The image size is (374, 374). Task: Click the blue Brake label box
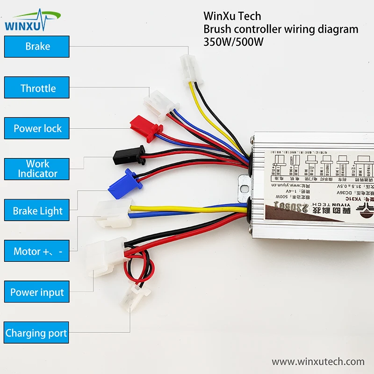37,47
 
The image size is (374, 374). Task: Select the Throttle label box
37,88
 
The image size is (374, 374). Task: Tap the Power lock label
37,128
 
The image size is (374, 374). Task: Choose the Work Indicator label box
37,169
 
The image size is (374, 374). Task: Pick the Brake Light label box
37,211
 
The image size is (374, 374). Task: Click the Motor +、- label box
37,252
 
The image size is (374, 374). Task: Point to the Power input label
37,293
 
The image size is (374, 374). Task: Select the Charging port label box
36,333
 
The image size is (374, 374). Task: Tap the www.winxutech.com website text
318,361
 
